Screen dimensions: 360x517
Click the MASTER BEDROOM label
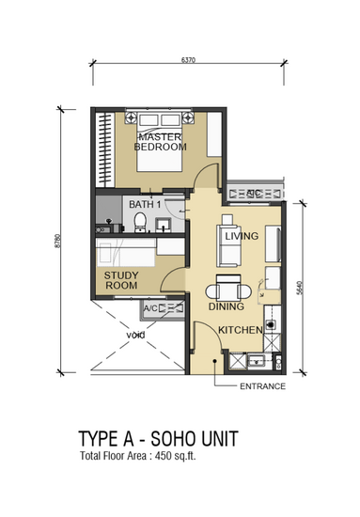coord(160,142)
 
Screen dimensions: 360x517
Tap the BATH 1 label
coord(145,204)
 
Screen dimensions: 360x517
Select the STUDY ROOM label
coord(121,280)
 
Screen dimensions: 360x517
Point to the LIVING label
coord(242,236)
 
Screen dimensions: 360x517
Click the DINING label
coord(227,306)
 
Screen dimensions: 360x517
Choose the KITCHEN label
coord(241,330)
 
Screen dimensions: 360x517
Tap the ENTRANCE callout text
coord(263,386)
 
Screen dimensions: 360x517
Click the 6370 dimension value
coord(188,60)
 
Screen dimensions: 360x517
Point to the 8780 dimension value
coord(58,241)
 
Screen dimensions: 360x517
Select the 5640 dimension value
coord(300,288)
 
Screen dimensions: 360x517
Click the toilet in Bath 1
coord(140,223)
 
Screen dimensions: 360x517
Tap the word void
coord(136,336)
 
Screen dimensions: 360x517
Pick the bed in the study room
coord(125,253)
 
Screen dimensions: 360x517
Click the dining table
coord(228,290)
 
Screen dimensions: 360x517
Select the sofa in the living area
coord(228,245)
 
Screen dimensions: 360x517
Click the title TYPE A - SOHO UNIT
coord(158,439)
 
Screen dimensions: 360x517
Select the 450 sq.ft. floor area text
coord(176,456)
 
